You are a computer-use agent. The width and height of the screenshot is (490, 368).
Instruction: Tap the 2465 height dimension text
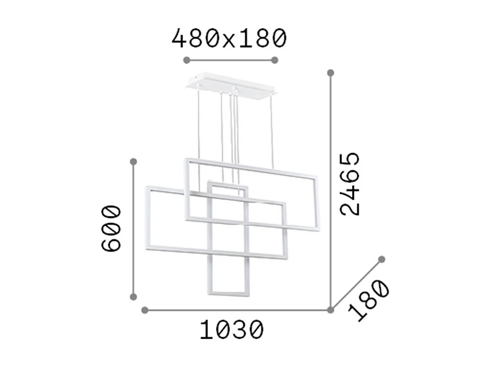[x=350, y=184]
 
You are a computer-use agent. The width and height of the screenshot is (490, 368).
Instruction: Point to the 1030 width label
[x=232, y=330]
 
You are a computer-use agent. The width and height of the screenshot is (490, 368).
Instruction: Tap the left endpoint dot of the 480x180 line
[x=187, y=60]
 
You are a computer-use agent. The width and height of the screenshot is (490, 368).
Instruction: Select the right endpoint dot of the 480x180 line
[x=275, y=60]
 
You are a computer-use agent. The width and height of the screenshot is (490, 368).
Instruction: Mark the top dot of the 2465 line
[x=331, y=73]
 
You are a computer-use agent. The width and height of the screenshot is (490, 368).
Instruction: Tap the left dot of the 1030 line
[x=144, y=310]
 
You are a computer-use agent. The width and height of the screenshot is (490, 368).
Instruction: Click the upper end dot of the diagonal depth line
[x=381, y=259]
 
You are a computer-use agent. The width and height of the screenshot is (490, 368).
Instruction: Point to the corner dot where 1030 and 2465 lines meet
[x=331, y=310]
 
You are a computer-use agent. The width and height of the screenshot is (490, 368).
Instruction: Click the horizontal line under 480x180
[x=231, y=60]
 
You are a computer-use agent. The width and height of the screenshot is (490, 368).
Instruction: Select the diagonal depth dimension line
[x=356, y=284]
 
